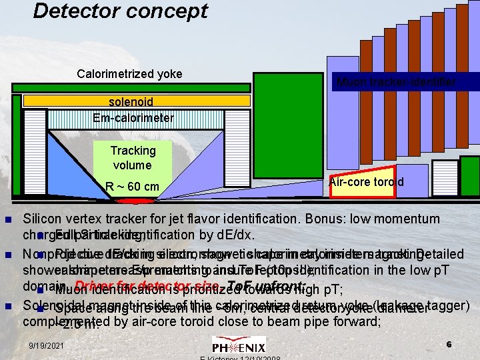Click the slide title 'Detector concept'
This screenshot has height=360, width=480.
pyautogui.click(x=120, y=11)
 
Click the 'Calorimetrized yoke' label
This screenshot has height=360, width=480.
pyautogui.click(x=129, y=73)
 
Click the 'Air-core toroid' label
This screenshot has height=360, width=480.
pyautogui.click(x=366, y=182)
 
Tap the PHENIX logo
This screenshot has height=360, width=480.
pyautogui.click(x=239, y=345)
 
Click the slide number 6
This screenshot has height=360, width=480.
pyautogui.click(x=449, y=344)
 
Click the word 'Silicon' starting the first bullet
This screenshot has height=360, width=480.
pyautogui.click(x=42, y=219)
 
